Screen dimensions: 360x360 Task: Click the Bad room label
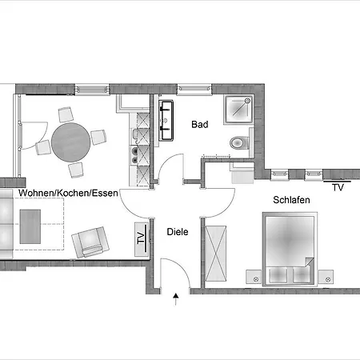click(200, 125)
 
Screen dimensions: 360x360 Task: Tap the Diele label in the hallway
click(178, 232)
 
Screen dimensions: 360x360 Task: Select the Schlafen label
click(291, 200)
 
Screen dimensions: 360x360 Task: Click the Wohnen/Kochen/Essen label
click(68, 193)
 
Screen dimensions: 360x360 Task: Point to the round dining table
click(71, 142)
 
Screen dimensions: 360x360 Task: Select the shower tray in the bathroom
click(238, 110)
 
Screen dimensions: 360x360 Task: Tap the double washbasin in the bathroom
click(166, 120)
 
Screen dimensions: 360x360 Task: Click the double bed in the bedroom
click(290, 249)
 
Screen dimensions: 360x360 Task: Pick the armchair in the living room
click(90, 242)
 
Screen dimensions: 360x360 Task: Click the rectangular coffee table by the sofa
click(30, 226)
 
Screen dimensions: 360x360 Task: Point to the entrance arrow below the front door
click(175, 299)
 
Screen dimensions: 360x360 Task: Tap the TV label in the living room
click(141, 238)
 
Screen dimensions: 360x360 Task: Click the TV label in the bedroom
click(338, 187)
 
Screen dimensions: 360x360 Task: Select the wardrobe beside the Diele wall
click(216, 254)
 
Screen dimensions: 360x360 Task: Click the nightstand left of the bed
click(254, 277)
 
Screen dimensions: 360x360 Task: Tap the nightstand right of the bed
click(326, 277)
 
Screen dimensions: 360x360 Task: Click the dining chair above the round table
click(66, 114)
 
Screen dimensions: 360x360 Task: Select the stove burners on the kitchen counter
click(134, 155)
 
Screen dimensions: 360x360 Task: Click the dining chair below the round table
click(76, 170)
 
